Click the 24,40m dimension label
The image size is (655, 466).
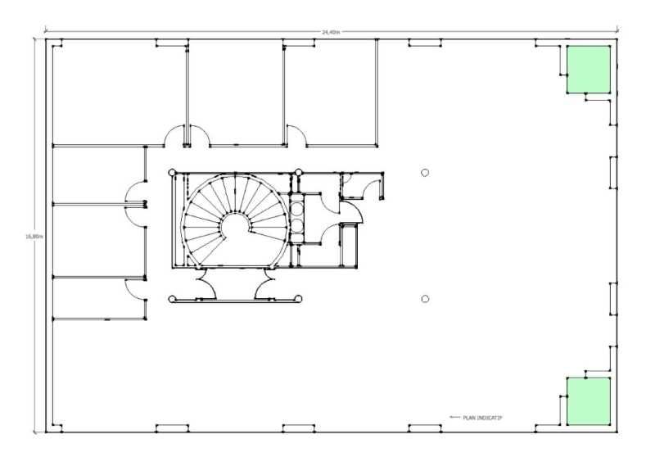coord(330,32)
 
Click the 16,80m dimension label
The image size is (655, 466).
coord(33,237)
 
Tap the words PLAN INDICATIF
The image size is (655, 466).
coord(483,418)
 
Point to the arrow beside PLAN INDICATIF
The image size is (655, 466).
coord(455,418)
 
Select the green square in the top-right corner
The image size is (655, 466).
coord(588,69)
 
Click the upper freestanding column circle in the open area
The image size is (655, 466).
coord(425,172)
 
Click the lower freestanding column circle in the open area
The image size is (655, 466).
coord(425,299)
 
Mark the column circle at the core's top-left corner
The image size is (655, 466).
coord(172,173)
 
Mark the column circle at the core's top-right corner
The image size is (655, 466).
coord(300,173)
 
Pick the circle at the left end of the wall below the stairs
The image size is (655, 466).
coord(172,299)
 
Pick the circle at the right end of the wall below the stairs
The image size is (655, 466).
coord(300,299)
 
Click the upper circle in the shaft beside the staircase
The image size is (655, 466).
coord(296,206)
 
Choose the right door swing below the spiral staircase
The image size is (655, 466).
coord(268,287)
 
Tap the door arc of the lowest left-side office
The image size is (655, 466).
coord(133,288)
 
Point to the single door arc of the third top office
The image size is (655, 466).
coord(296,136)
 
